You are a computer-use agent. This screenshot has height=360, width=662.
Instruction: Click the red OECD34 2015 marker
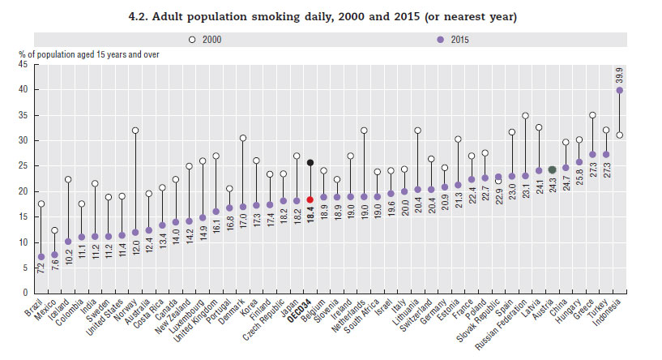click(x=310, y=199)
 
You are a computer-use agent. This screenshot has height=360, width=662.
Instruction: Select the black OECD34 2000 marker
click(x=310, y=162)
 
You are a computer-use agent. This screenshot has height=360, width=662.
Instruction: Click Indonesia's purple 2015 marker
click(x=619, y=91)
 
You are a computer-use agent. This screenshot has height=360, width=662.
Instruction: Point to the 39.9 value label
click(x=620, y=73)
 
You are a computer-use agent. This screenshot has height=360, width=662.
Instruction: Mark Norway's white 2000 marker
click(x=135, y=131)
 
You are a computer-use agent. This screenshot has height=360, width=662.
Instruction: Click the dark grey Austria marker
click(x=553, y=169)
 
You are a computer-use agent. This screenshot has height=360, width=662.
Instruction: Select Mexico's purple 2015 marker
click(x=54, y=255)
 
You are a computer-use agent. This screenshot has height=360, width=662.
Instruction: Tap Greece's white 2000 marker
click(x=592, y=115)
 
